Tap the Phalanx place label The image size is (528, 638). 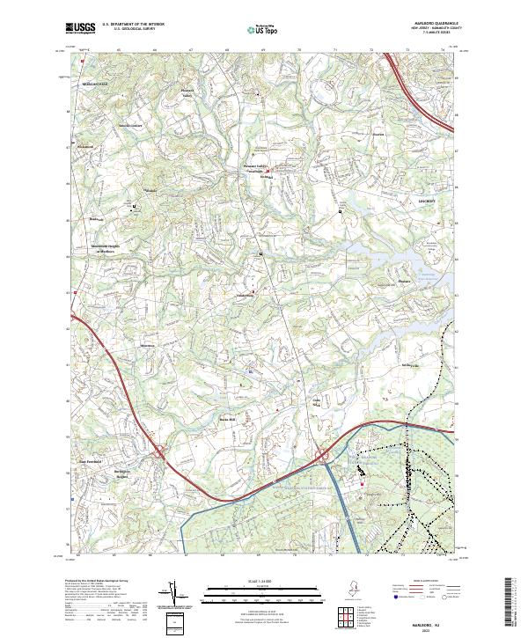[403, 282]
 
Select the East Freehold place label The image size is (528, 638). [92, 460]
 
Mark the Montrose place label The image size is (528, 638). [122, 345]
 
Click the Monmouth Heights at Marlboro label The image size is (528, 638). [105, 248]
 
